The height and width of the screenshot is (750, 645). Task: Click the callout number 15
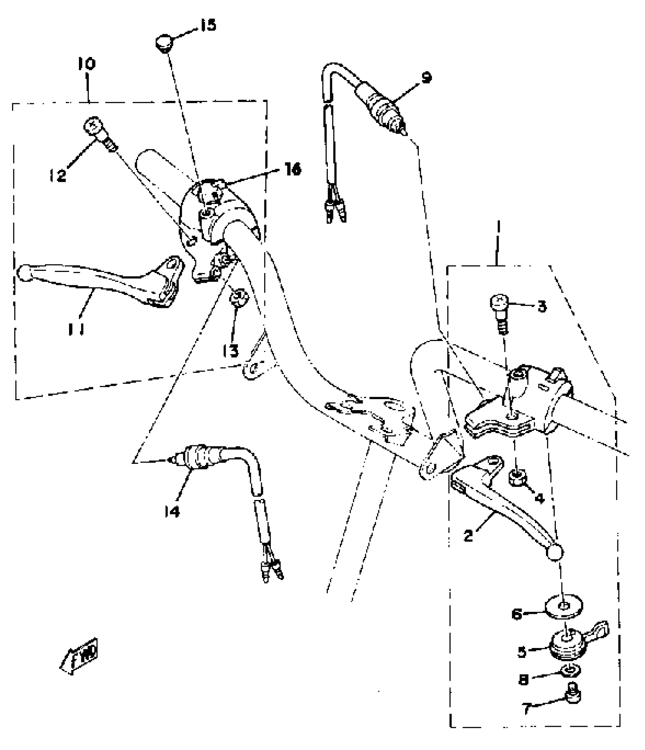208,25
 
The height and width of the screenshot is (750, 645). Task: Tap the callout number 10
87,64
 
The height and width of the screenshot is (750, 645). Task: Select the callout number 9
426,78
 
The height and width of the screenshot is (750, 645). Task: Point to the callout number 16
293,169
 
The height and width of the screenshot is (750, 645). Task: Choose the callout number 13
230,351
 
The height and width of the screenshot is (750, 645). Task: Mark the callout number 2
469,536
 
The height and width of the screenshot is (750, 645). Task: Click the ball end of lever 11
25,274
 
